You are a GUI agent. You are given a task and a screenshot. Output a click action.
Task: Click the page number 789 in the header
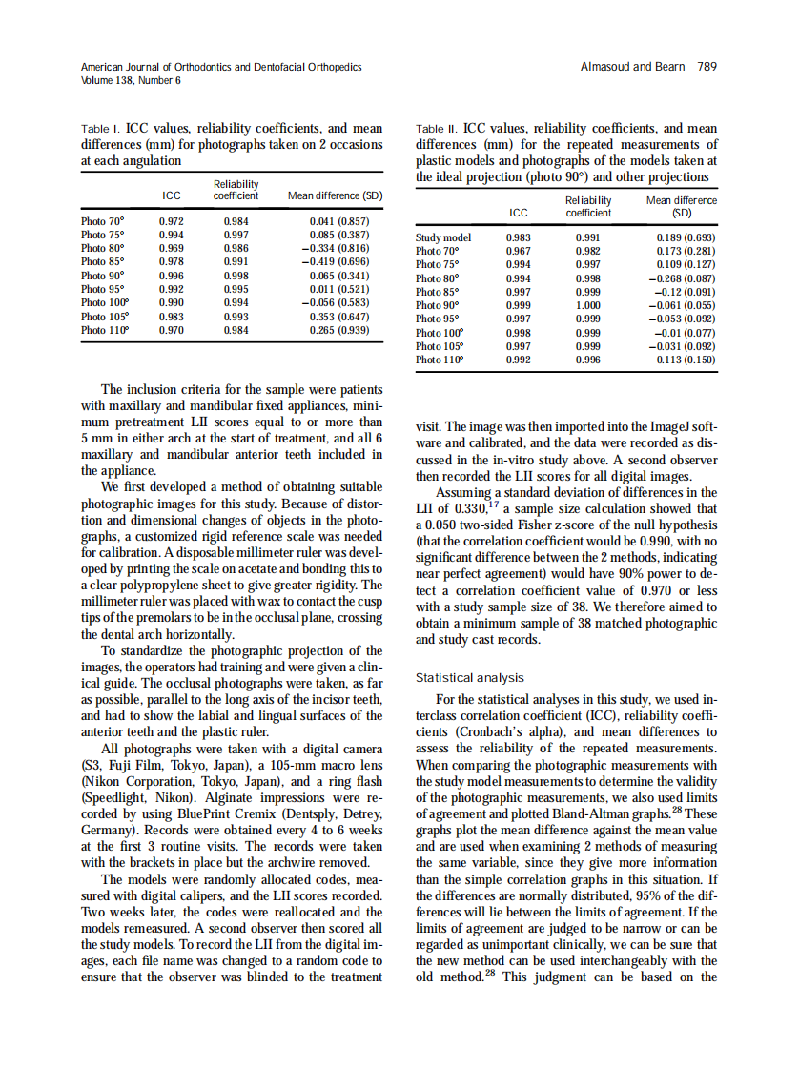tap(707, 67)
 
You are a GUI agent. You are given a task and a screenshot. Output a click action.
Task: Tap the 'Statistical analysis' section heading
tap(470, 678)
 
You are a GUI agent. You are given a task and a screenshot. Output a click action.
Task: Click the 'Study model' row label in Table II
tap(443, 238)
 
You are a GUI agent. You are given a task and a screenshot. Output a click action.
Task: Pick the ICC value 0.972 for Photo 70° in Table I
tap(171, 221)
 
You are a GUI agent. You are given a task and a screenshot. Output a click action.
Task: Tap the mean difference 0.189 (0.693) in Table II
tap(686, 238)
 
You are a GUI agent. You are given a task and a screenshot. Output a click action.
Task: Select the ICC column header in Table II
tap(519, 213)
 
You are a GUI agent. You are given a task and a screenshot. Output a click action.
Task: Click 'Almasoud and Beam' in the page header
tap(632, 67)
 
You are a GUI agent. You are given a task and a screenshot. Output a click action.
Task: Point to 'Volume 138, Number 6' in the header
tap(131, 80)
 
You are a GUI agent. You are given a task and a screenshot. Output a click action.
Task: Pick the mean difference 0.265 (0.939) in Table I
tap(339, 330)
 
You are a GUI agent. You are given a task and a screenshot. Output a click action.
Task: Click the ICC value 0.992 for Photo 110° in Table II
tap(519, 360)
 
